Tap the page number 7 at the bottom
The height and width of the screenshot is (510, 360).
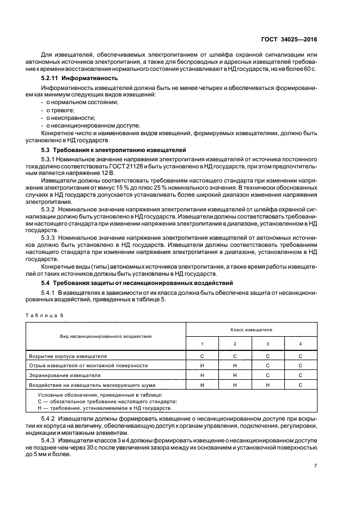click(315, 465)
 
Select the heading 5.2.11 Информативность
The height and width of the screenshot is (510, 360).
click(73, 78)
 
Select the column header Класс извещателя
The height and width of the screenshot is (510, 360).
click(251, 330)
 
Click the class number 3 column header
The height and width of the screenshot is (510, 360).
click(267, 344)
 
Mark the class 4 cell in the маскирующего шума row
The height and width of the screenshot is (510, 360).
click(300, 385)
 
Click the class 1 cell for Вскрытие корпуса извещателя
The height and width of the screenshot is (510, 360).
click(202, 356)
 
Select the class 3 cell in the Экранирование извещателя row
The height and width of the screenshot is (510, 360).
click(267, 375)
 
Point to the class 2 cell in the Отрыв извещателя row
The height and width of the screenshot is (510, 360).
click(235, 366)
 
